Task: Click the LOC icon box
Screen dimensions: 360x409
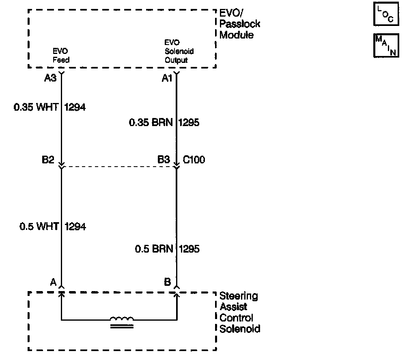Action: (383, 14)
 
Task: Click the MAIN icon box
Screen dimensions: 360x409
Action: (383, 45)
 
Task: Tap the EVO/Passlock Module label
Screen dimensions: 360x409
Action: (239, 24)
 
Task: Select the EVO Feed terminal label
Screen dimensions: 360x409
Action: (61, 56)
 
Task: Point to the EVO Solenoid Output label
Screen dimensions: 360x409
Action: (179, 51)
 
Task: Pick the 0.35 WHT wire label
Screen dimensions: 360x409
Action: (36, 107)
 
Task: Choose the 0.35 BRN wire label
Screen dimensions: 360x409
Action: (152, 122)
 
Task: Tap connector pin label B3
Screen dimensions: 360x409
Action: (164, 160)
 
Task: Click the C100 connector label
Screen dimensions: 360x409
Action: (194, 160)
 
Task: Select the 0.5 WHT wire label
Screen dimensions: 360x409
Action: (39, 226)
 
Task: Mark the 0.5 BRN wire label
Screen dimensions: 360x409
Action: (154, 249)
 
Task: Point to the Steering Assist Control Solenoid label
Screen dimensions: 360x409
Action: (239, 312)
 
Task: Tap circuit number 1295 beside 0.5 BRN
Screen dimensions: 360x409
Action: (189, 249)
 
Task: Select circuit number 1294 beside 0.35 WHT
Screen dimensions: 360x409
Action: (75, 107)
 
